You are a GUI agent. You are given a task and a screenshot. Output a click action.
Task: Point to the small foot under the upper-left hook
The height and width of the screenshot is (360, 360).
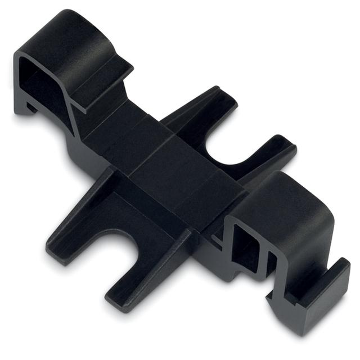(25, 107)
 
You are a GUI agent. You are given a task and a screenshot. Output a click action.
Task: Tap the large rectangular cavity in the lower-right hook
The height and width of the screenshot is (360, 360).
(240, 247)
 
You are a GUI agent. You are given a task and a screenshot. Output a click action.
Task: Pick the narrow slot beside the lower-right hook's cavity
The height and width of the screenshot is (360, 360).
(271, 264)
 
